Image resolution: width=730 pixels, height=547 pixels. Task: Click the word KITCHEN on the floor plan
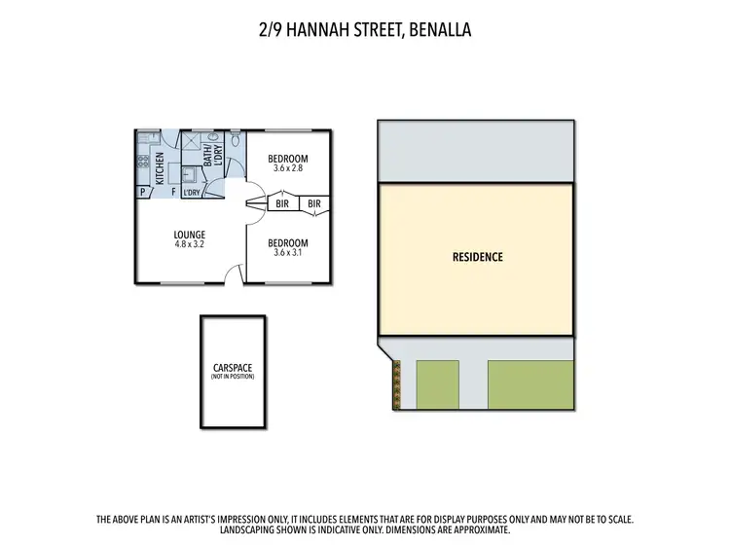coord(160,166)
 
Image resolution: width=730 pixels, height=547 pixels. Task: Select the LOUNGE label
coord(189,235)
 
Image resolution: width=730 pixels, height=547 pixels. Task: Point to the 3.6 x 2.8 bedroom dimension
coord(288,169)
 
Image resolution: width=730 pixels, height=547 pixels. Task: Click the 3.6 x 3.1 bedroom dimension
coord(288,253)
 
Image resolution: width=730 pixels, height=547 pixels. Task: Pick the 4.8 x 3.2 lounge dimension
coord(189,244)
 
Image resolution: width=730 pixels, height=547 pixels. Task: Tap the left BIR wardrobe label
coord(283,204)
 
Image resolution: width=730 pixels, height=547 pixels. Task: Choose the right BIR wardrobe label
coord(314,204)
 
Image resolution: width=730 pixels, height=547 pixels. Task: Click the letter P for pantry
coord(142,193)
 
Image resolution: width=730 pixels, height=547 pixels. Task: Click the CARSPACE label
coord(233,369)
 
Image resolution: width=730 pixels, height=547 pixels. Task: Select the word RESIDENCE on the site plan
coord(477,258)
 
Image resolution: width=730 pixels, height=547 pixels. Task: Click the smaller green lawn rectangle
coord(438,384)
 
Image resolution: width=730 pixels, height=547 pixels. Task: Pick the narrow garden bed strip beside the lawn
coord(396,384)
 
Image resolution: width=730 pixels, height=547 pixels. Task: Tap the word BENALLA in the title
coord(439,31)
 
